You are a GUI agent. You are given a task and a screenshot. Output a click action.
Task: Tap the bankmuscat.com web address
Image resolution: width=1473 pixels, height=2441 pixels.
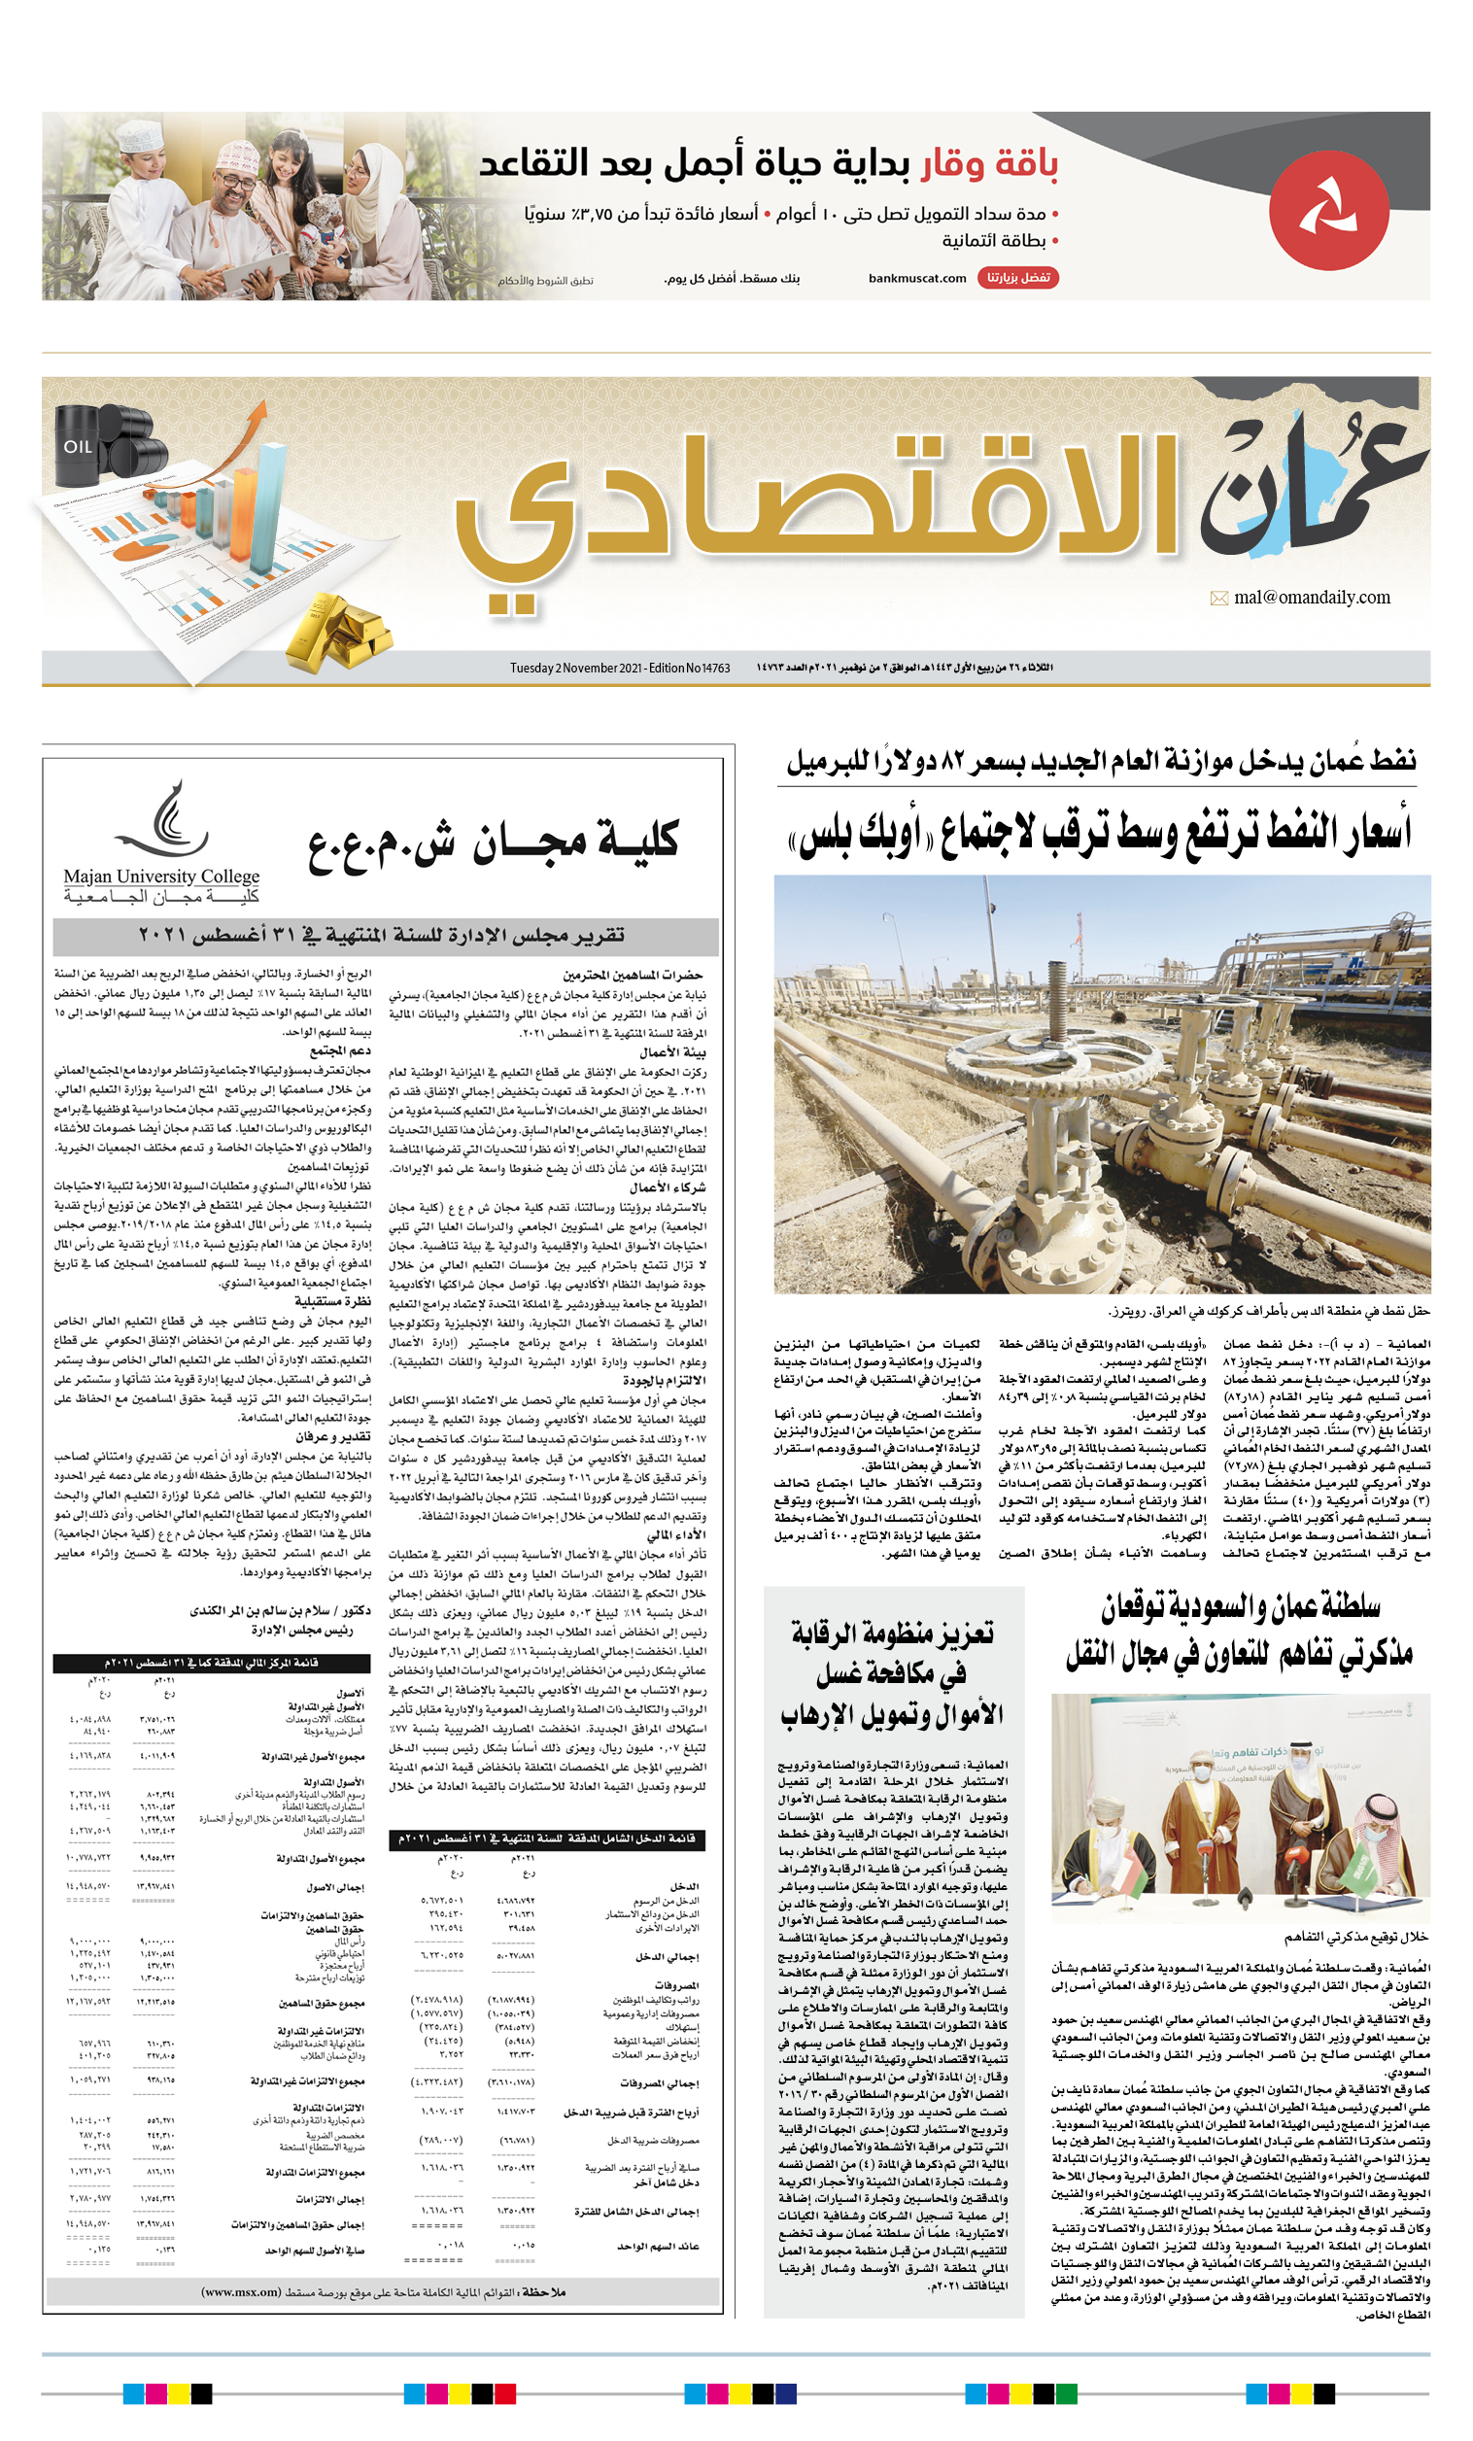point(916,278)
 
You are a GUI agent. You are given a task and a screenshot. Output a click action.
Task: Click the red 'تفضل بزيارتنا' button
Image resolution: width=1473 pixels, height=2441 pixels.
point(1017,278)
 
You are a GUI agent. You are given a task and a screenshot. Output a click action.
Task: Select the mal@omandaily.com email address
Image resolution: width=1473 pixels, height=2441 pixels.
point(1312,598)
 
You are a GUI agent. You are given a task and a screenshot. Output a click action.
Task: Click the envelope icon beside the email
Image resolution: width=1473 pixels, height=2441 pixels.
point(1218,599)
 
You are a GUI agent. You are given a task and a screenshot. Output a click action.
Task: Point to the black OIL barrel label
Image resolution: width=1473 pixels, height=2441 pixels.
point(79,447)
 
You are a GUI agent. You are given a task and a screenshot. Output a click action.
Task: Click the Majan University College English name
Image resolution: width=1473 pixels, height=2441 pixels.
point(161,877)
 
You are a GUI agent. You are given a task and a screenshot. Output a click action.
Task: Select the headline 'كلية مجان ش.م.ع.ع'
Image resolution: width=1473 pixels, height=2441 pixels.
point(493,842)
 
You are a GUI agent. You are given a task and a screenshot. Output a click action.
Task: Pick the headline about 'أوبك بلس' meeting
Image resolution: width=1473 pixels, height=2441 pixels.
point(1098,833)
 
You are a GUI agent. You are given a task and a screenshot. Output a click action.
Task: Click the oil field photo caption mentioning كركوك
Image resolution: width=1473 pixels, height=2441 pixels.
point(1268,1311)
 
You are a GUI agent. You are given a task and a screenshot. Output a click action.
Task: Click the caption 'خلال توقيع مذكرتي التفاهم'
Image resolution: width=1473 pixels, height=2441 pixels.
point(1355,1936)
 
